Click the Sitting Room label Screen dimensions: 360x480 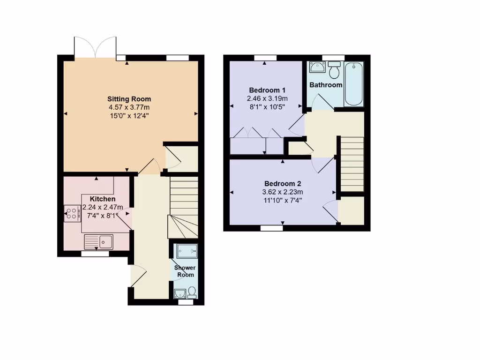(129, 99)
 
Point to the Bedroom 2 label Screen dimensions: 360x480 (283, 184)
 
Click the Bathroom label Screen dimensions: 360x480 (325, 85)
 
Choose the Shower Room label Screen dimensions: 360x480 (185, 271)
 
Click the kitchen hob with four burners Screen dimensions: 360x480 (72, 214)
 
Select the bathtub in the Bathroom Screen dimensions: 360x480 (353, 84)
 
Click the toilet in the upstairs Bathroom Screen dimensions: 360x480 (334, 70)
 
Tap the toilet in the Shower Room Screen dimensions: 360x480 (192, 292)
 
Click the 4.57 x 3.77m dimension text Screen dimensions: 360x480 (129, 107)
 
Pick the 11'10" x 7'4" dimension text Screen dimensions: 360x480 (283, 200)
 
